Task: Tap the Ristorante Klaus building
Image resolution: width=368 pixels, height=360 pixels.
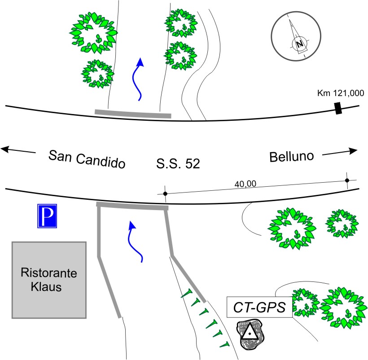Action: coord(49,280)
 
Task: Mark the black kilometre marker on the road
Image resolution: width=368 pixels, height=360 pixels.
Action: coord(338,108)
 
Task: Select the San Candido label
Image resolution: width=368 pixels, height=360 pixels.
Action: coord(86,158)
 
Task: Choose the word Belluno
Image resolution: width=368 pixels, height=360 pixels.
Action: coord(291,157)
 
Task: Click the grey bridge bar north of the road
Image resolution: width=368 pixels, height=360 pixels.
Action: coord(132,113)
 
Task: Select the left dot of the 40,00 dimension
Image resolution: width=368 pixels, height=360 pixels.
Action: coord(165,193)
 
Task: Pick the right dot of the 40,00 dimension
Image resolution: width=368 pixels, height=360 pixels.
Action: coord(346,180)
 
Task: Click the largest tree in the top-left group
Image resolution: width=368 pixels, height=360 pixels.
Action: coord(93,32)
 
